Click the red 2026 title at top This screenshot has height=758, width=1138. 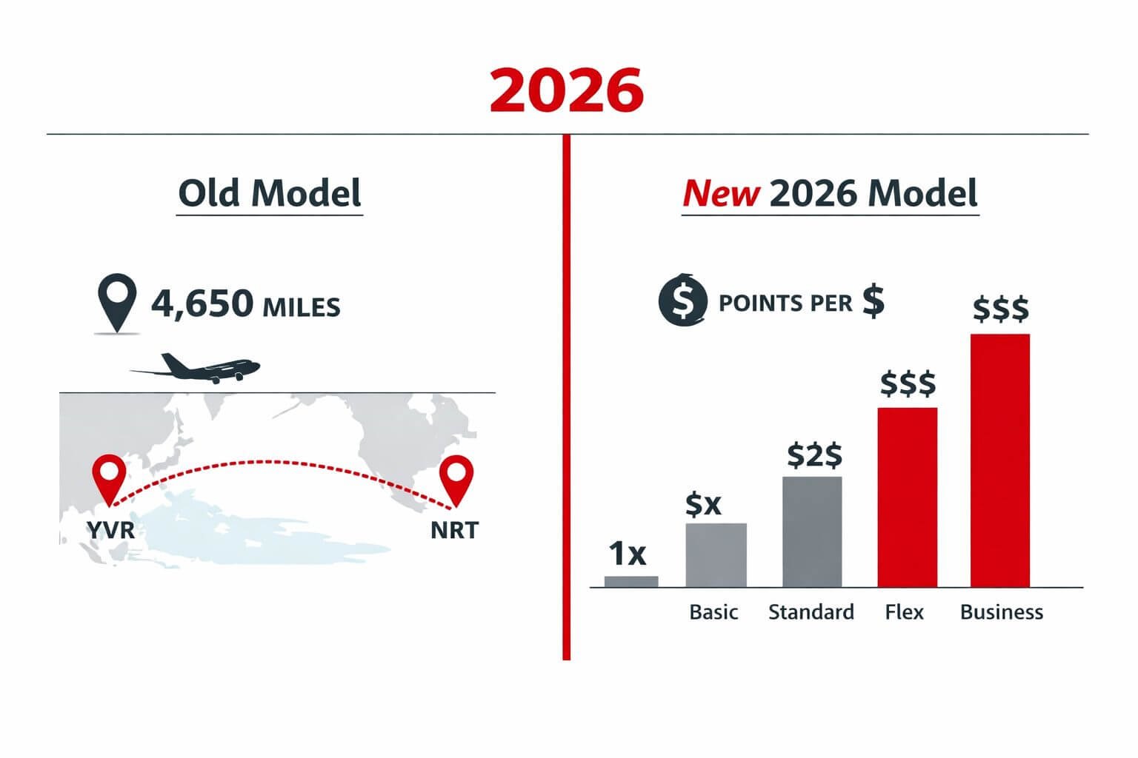[x=567, y=91]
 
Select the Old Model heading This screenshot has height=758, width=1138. [x=270, y=193]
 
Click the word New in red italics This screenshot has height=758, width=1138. [x=720, y=193]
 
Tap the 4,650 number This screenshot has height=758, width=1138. [x=202, y=303]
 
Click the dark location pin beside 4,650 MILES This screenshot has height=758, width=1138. [x=117, y=300]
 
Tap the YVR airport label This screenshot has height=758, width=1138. [x=110, y=530]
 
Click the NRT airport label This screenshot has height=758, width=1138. [x=454, y=530]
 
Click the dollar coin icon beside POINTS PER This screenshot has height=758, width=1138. [x=682, y=301]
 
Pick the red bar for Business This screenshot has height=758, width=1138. [x=999, y=460]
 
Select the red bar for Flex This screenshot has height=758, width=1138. [x=907, y=497]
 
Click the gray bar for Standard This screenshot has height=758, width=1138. [x=812, y=531]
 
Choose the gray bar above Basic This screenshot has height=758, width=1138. [x=716, y=554]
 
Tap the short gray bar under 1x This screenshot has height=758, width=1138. [x=631, y=581]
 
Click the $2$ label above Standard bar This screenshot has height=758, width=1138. [x=814, y=455]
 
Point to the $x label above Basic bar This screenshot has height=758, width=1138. [x=703, y=504]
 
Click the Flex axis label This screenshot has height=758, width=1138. [x=904, y=612]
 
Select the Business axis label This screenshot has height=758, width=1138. [x=1001, y=612]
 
